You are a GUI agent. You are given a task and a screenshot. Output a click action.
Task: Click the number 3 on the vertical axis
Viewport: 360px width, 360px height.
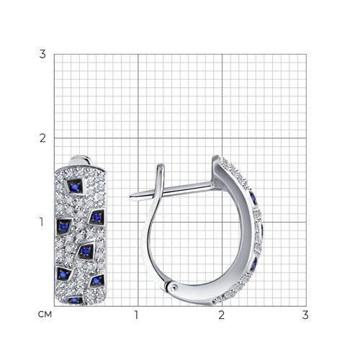[x=42, y=54]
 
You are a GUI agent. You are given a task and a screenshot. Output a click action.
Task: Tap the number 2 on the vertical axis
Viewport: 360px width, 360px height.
[x=42, y=138]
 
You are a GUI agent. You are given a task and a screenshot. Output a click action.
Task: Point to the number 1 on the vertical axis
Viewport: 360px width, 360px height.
[x=42, y=222]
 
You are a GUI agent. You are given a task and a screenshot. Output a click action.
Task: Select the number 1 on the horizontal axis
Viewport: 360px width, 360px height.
[x=137, y=315]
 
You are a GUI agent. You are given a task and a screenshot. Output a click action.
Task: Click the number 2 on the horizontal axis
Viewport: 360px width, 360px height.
[x=222, y=315]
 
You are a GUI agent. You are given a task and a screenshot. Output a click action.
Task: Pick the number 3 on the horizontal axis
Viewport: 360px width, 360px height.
[x=305, y=315]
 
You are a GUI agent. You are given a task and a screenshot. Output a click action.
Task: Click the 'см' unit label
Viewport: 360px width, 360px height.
[x=45, y=315]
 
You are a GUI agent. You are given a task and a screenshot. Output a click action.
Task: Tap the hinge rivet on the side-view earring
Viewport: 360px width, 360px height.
[x=174, y=286]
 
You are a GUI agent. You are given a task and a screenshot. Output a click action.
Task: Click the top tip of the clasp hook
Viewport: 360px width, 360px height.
[x=161, y=166]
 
